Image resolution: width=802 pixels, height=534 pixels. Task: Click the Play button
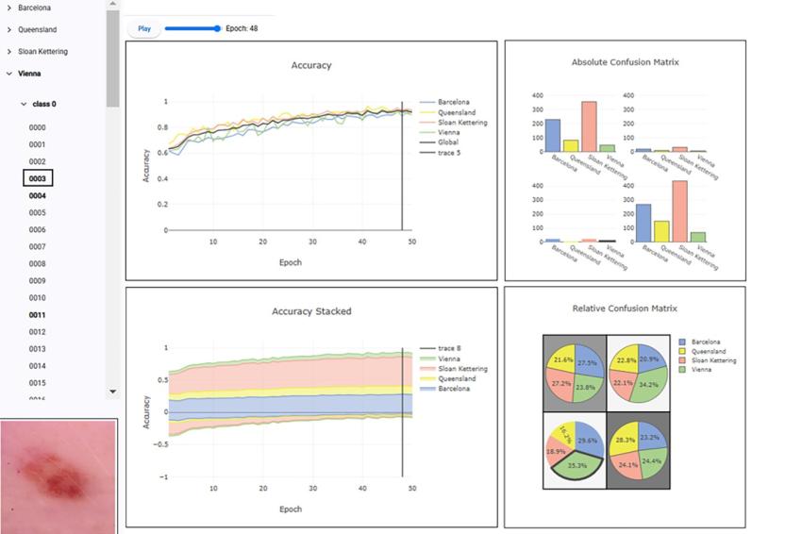[x=144, y=28]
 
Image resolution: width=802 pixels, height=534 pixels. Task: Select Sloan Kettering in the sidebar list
[x=42, y=52]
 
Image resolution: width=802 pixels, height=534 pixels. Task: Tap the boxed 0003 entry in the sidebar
[x=38, y=178]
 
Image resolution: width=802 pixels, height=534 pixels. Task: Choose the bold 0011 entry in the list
[x=37, y=315]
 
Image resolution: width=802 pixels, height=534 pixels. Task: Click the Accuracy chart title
[x=310, y=66]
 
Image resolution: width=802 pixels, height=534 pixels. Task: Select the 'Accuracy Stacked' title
[x=311, y=311]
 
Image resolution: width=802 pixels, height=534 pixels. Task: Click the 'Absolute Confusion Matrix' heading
[x=625, y=62]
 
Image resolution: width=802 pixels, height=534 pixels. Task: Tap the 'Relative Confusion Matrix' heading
[x=625, y=309]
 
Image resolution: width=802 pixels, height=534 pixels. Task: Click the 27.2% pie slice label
[x=561, y=384]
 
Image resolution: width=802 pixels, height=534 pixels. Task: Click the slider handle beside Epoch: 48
[x=217, y=28]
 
